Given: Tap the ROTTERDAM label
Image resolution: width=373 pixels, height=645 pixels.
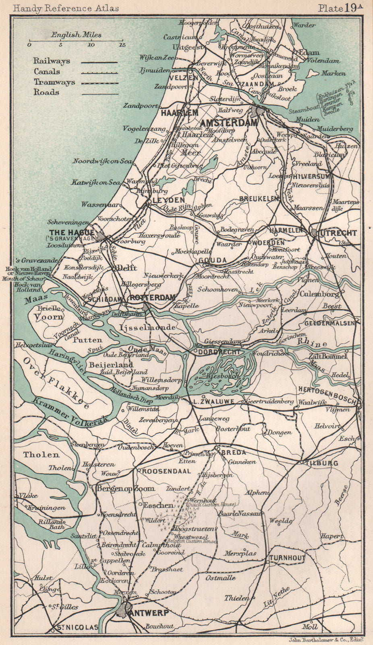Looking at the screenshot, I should coord(153,298).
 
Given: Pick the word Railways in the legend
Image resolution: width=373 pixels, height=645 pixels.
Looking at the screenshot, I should coord(52,61).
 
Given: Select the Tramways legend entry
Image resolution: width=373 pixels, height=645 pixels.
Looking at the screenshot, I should coord(54,82).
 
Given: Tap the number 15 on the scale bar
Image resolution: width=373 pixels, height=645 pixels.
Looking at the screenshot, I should coord(122,45).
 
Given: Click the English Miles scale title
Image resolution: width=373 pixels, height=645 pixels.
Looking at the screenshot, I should coord(76,35).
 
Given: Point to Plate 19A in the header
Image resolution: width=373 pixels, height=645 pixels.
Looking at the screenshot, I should coord(338,8).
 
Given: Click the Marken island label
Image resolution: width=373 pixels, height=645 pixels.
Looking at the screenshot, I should coord(334,73).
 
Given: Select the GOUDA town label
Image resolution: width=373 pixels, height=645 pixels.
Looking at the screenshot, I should coord(212,260).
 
